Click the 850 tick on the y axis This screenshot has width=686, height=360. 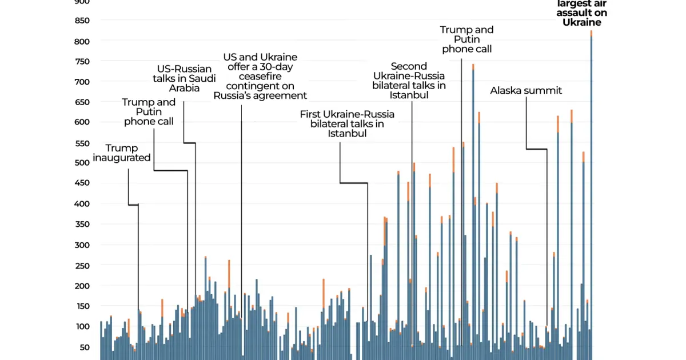[x=83, y=21]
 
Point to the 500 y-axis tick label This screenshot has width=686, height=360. [x=83, y=163]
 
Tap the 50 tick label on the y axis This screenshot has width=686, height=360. [x=85, y=347]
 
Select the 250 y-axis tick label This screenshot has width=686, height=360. [x=83, y=266]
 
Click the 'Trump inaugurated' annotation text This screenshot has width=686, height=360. [x=122, y=153]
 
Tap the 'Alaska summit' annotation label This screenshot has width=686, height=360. [x=526, y=91]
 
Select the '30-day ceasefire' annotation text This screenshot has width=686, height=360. [x=260, y=77]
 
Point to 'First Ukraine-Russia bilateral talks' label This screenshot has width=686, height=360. [x=347, y=124]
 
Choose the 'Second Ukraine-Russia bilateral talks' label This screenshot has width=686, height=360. [x=409, y=81]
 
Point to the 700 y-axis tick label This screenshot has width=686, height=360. [x=83, y=82]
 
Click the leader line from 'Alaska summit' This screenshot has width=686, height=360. [x=536, y=149]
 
